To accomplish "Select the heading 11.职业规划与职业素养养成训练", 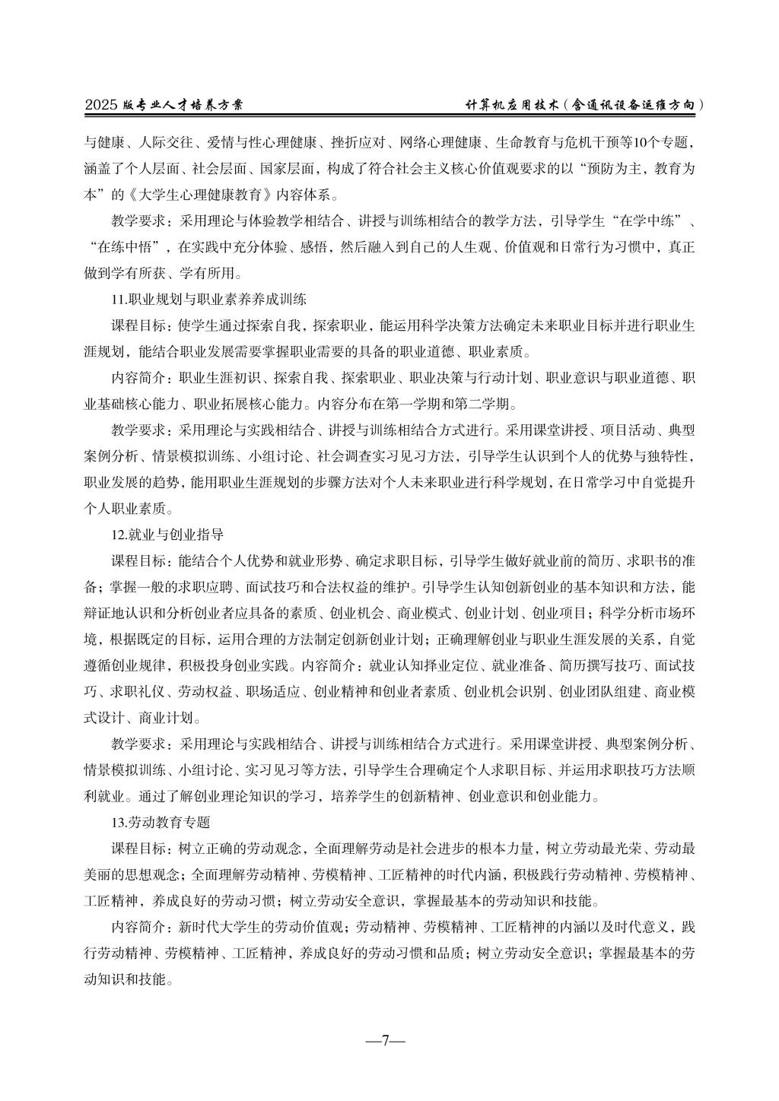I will click(208, 299).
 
